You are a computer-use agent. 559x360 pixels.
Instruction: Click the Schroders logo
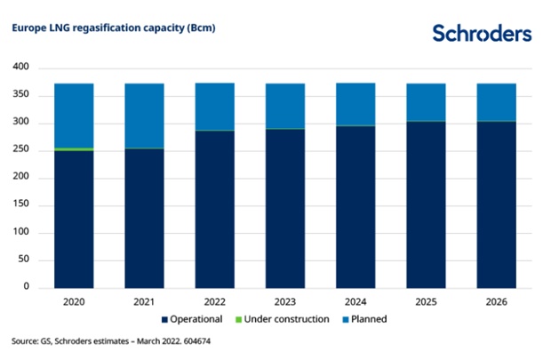482,33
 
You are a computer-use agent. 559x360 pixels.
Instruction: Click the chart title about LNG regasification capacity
113,28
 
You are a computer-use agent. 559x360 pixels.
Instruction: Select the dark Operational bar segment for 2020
74,219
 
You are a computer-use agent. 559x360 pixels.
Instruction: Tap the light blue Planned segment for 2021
144,116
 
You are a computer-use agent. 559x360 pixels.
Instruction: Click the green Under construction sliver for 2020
74,149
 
